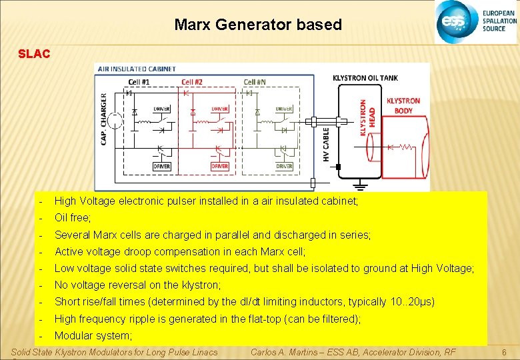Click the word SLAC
(34, 53)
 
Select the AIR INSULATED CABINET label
(137, 69)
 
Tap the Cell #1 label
(139, 82)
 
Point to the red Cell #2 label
(193, 82)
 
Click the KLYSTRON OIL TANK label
(365, 78)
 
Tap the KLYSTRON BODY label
(403, 105)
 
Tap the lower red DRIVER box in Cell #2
(219, 166)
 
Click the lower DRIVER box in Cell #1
(161, 166)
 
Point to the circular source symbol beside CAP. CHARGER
(117, 122)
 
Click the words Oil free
(72, 217)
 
